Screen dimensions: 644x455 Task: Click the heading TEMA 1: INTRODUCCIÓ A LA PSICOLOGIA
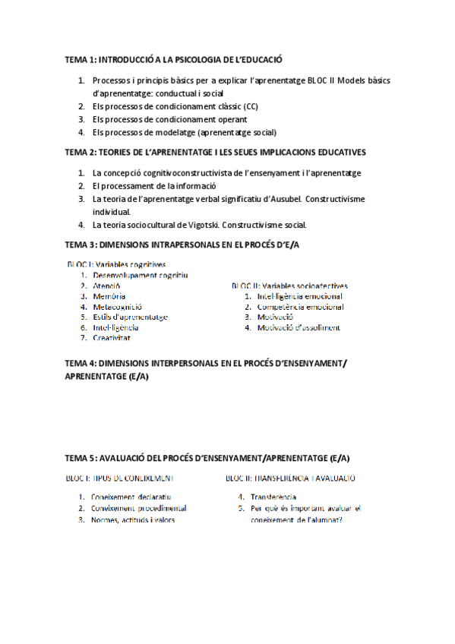click(174, 58)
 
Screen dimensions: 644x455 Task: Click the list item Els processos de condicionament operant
click(169, 119)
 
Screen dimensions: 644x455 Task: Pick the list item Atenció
click(106, 286)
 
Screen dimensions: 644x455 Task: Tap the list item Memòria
click(109, 296)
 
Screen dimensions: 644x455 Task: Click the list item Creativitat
click(111, 338)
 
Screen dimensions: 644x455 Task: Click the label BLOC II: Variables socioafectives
click(287, 286)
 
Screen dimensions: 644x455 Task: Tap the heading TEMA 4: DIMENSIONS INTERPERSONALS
click(206, 364)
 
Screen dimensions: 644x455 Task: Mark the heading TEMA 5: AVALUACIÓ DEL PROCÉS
click(207, 458)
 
